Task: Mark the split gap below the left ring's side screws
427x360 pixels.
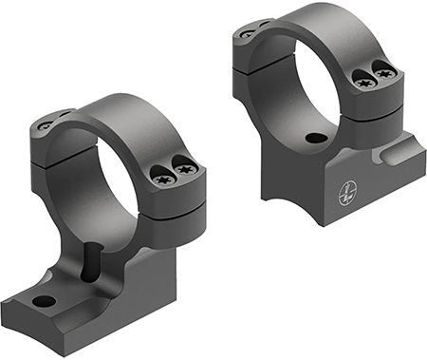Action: click(176, 193)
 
